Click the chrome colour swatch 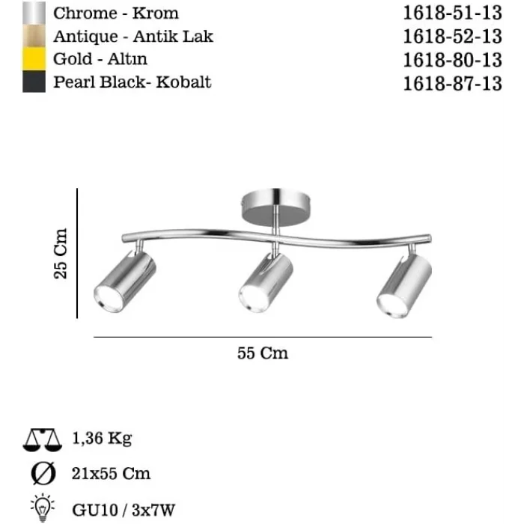34,13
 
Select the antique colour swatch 34,36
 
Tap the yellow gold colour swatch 34,59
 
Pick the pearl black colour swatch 34,81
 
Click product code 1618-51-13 452,13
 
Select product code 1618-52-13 452,37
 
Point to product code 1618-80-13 452,60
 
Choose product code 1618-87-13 452,84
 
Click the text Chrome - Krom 116,13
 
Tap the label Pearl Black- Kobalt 132,82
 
